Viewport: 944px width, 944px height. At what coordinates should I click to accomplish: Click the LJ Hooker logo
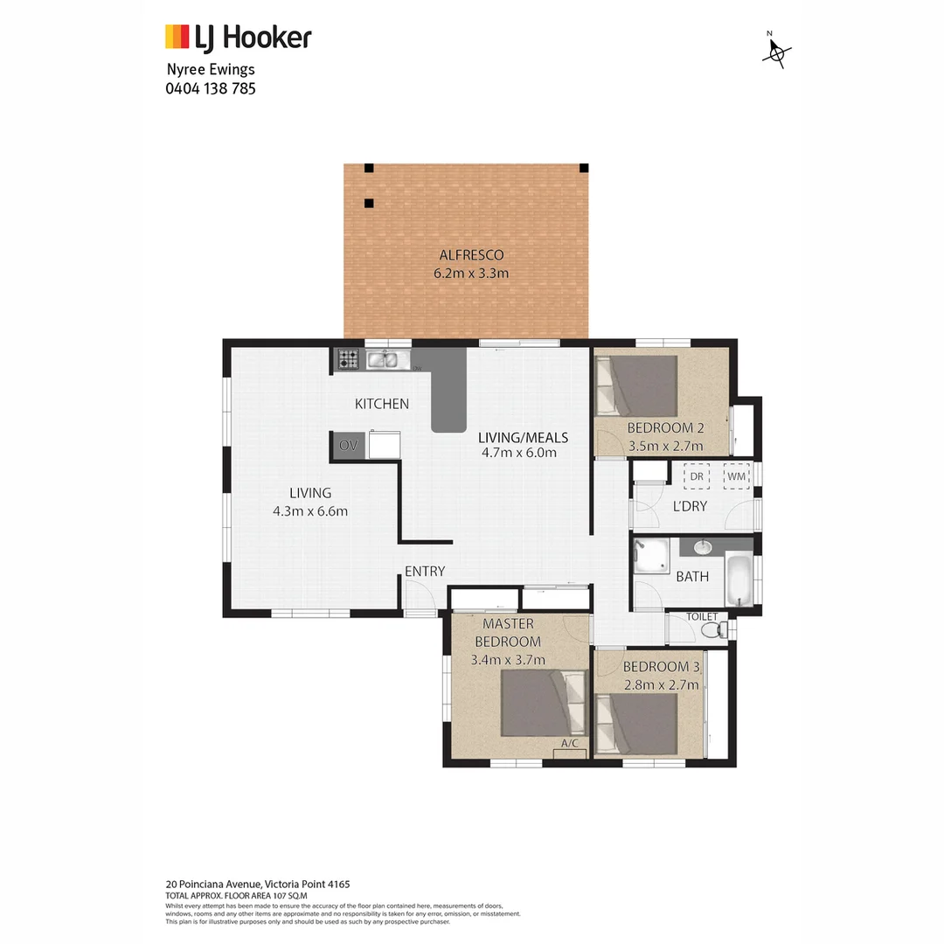[x=238, y=38]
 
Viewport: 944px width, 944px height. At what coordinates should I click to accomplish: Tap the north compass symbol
[x=775, y=52]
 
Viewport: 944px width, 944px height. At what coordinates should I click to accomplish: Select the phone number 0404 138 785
[x=211, y=88]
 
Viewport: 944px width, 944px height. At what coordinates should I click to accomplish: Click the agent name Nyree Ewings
[x=211, y=70]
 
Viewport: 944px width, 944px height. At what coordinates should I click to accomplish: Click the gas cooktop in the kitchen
[x=349, y=358]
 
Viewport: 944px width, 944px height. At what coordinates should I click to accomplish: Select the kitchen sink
[x=383, y=358]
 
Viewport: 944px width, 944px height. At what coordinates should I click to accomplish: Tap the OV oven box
[x=349, y=446]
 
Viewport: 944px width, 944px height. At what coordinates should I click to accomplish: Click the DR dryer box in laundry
[x=697, y=476]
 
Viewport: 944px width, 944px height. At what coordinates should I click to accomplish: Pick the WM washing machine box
[x=737, y=476]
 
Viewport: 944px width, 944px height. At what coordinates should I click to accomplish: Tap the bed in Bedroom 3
[x=636, y=723]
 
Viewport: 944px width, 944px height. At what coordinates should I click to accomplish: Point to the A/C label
[x=570, y=744]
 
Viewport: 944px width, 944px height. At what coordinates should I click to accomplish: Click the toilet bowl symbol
[x=712, y=628]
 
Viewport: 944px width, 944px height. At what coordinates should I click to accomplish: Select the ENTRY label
[x=425, y=572]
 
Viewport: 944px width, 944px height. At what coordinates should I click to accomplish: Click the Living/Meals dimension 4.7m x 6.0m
[x=519, y=453]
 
